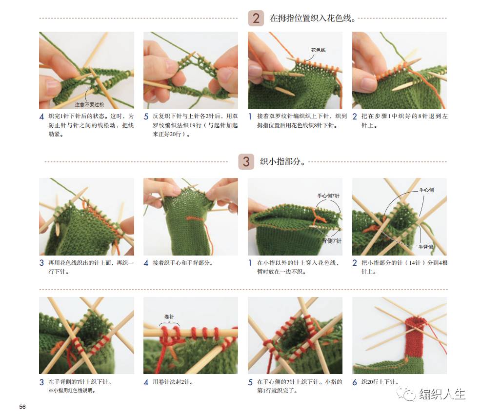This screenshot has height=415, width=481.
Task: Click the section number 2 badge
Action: coord(256,19)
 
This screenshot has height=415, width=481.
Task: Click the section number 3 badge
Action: coord(246,161)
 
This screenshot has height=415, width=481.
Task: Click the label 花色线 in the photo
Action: coord(318,50)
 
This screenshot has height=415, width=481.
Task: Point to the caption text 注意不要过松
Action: coord(89,104)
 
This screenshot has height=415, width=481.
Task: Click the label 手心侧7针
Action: coord(328,196)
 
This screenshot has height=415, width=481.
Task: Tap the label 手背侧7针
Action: coord(329,241)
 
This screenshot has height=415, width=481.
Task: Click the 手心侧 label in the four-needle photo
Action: coord(426,190)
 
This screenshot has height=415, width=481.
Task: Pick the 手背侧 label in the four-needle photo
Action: coord(425,247)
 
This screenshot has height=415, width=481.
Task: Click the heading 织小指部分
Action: coord(282,162)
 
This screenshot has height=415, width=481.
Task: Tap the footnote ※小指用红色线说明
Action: coord(73,391)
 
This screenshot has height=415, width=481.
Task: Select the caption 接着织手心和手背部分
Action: coord(183,263)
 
